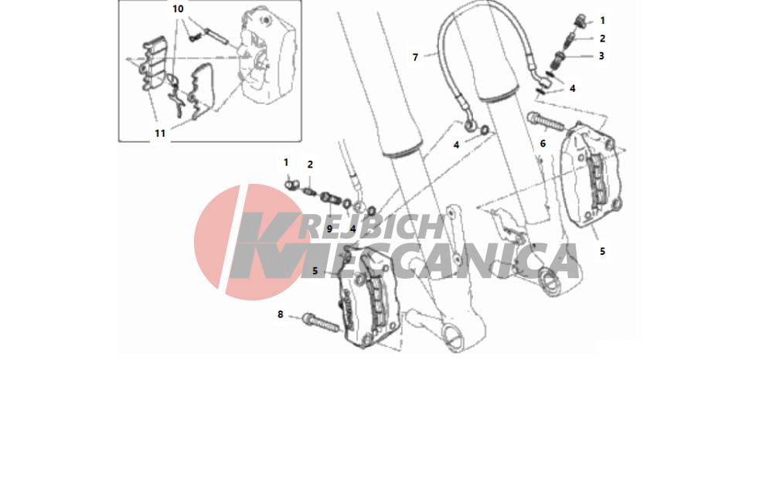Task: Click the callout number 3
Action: click(601, 56)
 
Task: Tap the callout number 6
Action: click(543, 144)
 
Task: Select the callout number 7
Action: click(415, 58)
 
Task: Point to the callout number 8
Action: click(280, 314)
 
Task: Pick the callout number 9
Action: click(329, 229)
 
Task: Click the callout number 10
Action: click(178, 8)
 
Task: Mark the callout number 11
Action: click(160, 134)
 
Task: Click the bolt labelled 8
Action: click(321, 322)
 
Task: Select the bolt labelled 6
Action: click(545, 121)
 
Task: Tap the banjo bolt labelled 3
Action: click(558, 60)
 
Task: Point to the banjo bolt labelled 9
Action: click(330, 198)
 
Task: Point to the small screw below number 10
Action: click(192, 37)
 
